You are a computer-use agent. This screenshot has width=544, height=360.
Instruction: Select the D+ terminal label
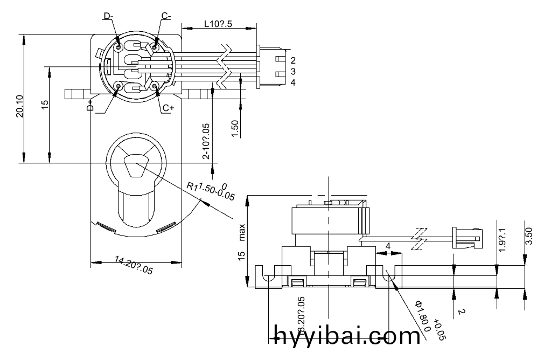click(x=90, y=105)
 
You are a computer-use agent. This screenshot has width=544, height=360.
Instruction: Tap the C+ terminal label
click(x=168, y=108)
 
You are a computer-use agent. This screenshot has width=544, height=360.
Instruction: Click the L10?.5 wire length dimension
click(x=219, y=24)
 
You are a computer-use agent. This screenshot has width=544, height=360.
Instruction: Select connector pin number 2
click(x=293, y=60)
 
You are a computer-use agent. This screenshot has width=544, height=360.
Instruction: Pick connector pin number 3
click(x=293, y=71)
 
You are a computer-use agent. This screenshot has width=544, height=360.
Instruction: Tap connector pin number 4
click(x=293, y=82)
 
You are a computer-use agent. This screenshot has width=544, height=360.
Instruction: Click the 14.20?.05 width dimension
click(x=134, y=266)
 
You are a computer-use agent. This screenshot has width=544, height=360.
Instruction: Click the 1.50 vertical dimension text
click(x=234, y=129)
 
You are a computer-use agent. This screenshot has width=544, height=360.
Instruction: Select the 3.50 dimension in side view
click(x=529, y=236)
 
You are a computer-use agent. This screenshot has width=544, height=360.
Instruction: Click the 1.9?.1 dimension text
click(x=503, y=240)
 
